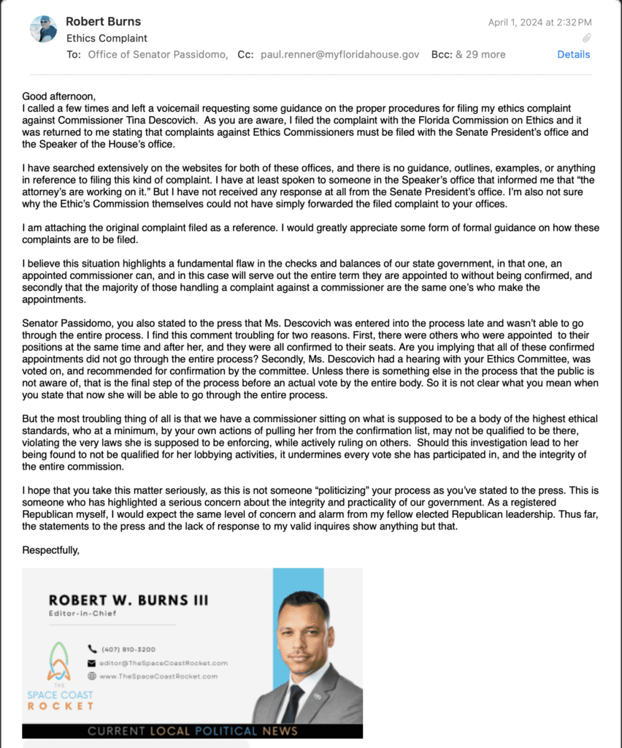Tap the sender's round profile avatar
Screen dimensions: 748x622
[43, 29]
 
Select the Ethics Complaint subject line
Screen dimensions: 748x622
[107, 38]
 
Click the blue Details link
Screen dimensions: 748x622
[573, 54]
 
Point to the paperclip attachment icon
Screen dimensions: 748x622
[586, 38]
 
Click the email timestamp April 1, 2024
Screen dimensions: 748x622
[540, 23]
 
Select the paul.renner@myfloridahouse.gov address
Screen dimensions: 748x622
[340, 54]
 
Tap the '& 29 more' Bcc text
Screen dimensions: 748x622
[480, 54]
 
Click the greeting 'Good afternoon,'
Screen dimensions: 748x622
[59, 96]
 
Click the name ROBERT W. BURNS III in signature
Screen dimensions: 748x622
[128, 600]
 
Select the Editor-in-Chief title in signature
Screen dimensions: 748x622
[82, 614]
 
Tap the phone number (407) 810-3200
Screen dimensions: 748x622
[128, 649]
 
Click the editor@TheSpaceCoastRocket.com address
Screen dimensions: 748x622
[164, 663]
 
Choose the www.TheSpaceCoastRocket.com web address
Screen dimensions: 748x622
[158, 676]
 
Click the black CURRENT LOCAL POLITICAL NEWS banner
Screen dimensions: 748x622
[192, 730]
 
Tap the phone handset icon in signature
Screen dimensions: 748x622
[92, 649]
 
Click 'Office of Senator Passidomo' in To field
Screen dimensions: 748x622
[158, 54]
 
